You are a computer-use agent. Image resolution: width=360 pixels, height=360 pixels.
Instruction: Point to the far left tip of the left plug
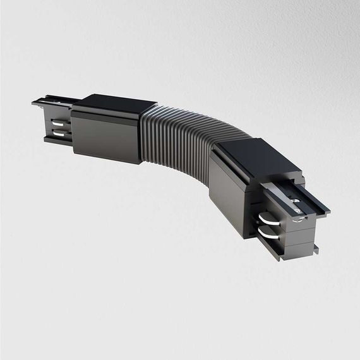(32, 103)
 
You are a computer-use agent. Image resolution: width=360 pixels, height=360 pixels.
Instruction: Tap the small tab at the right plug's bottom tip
(312, 249)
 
